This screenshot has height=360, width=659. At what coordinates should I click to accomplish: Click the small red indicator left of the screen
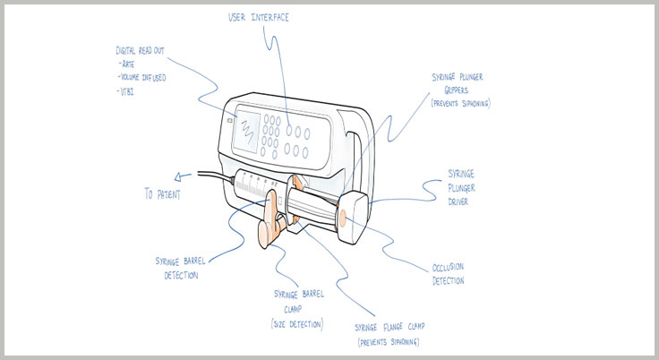229,118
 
